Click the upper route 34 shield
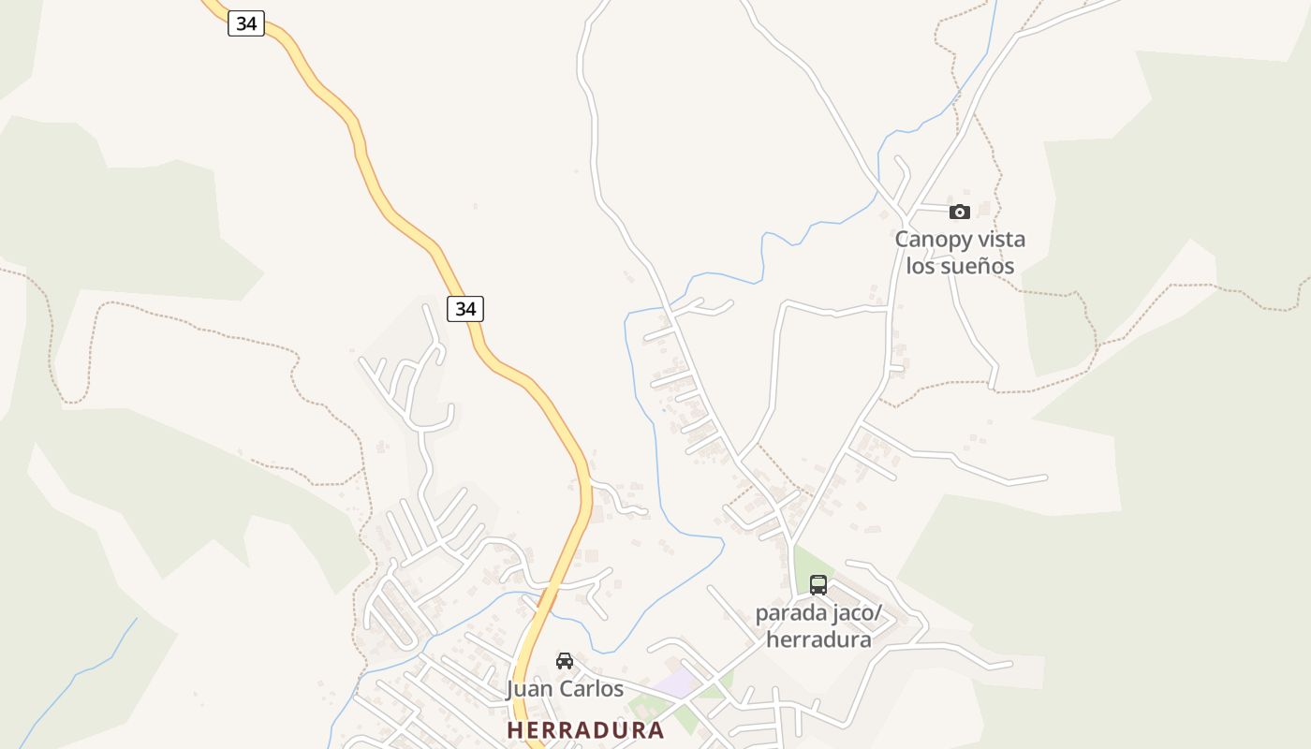click(246, 23)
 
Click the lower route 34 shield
click(465, 308)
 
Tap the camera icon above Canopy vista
click(960, 212)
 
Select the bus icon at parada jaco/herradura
click(818, 585)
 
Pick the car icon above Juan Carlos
click(565, 661)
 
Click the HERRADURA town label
click(585, 730)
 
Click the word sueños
click(977, 266)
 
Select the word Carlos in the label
click(593, 689)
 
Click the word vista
click(1002, 239)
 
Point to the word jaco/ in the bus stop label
click(857, 614)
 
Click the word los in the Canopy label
click(920, 266)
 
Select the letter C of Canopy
click(903, 240)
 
